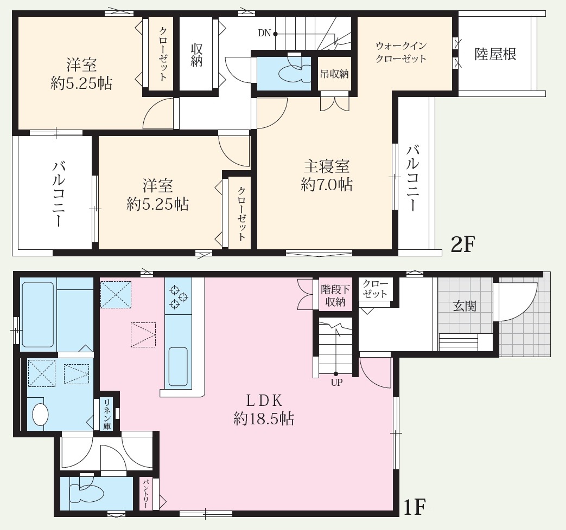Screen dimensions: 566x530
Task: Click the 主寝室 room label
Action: click(327, 166)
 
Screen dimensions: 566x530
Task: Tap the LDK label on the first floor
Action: click(264, 400)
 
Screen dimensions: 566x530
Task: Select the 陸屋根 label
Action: click(495, 54)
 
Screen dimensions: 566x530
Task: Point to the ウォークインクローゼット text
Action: click(401, 52)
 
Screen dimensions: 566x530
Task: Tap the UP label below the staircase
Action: click(336, 382)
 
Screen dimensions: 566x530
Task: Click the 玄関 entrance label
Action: click(465, 306)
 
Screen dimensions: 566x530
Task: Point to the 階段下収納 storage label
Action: click(335, 296)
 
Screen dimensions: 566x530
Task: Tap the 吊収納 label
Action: click(334, 74)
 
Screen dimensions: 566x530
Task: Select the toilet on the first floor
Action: click(86, 493)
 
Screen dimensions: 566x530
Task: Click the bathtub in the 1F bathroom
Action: click(38, 314)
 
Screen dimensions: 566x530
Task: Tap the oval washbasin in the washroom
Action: click(40, 414)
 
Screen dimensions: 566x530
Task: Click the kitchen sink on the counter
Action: click(178, 366)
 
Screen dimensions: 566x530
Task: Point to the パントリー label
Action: click(146, 494)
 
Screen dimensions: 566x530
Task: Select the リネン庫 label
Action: click(107, 414)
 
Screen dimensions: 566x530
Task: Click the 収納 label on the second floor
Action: click(197, 55)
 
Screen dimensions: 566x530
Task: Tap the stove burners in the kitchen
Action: click(179, 298)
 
